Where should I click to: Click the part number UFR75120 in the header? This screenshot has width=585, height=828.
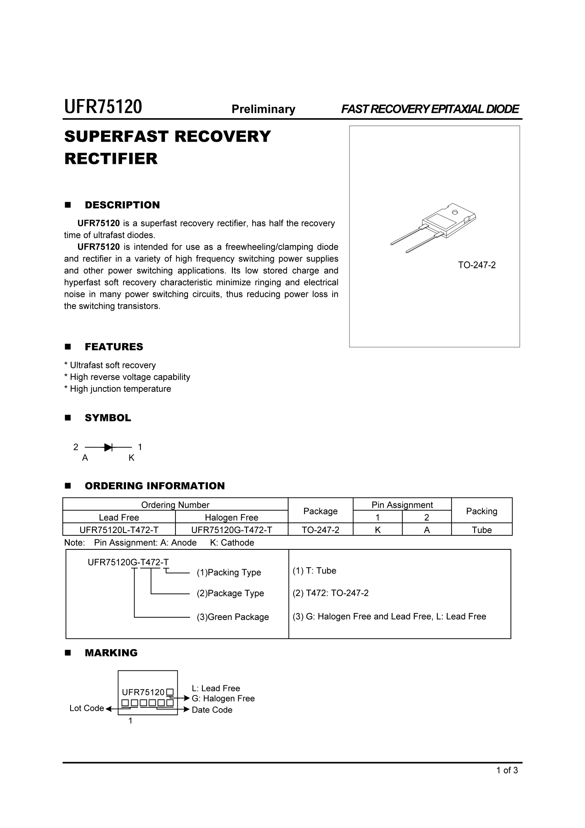(103, 107)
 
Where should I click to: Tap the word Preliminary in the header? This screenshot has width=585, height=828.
(263, 109)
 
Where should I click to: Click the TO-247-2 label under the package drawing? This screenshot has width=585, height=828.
(477, 265)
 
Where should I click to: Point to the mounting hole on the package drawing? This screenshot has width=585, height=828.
(454, 212)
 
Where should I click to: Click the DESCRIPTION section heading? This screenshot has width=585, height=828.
(122, 205)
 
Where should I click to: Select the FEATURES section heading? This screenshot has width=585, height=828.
(114, 347)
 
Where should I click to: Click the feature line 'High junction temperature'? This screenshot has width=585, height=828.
(120, 389)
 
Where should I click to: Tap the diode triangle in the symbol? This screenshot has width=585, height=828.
(108, 447)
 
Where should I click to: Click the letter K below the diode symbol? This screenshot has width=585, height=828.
(131, 458)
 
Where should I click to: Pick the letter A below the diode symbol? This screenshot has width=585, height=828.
(85, 458)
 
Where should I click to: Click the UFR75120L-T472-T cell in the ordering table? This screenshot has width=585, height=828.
(119, 530)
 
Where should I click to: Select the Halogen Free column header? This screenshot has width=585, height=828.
(232, 517)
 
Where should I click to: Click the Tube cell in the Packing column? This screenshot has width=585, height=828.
(482, 530)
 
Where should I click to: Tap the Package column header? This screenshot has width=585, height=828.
(320, 511)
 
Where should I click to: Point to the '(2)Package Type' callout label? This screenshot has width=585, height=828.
(230, 593)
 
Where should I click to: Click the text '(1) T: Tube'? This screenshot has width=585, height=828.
(314, 571)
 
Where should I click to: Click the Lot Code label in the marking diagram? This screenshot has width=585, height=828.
(87, 708)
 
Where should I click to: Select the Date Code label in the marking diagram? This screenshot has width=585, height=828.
(212, 710)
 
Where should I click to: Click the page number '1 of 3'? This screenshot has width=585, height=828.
(507, 770)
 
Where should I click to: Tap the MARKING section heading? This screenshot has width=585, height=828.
(111, 653)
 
